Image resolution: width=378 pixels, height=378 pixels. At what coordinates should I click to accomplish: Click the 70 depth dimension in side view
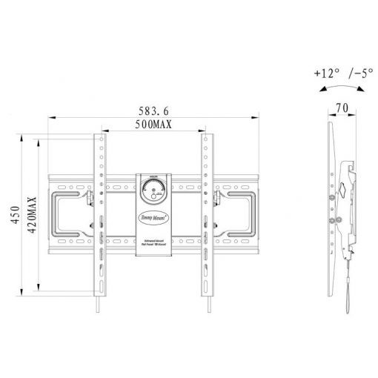pyautogui.click(x=341, y=108)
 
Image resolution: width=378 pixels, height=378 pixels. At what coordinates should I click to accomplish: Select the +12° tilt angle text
pyautogui.click(x=325, y=74)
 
